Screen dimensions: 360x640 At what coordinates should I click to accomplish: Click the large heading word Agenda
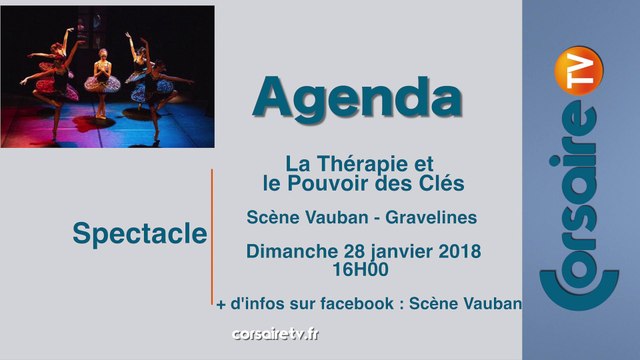coord(356,96)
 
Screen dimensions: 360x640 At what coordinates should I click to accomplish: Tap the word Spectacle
coord(140,235)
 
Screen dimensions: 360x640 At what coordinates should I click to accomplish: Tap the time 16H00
coord(362,268)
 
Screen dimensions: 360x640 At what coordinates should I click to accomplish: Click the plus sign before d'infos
coord(220,302)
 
